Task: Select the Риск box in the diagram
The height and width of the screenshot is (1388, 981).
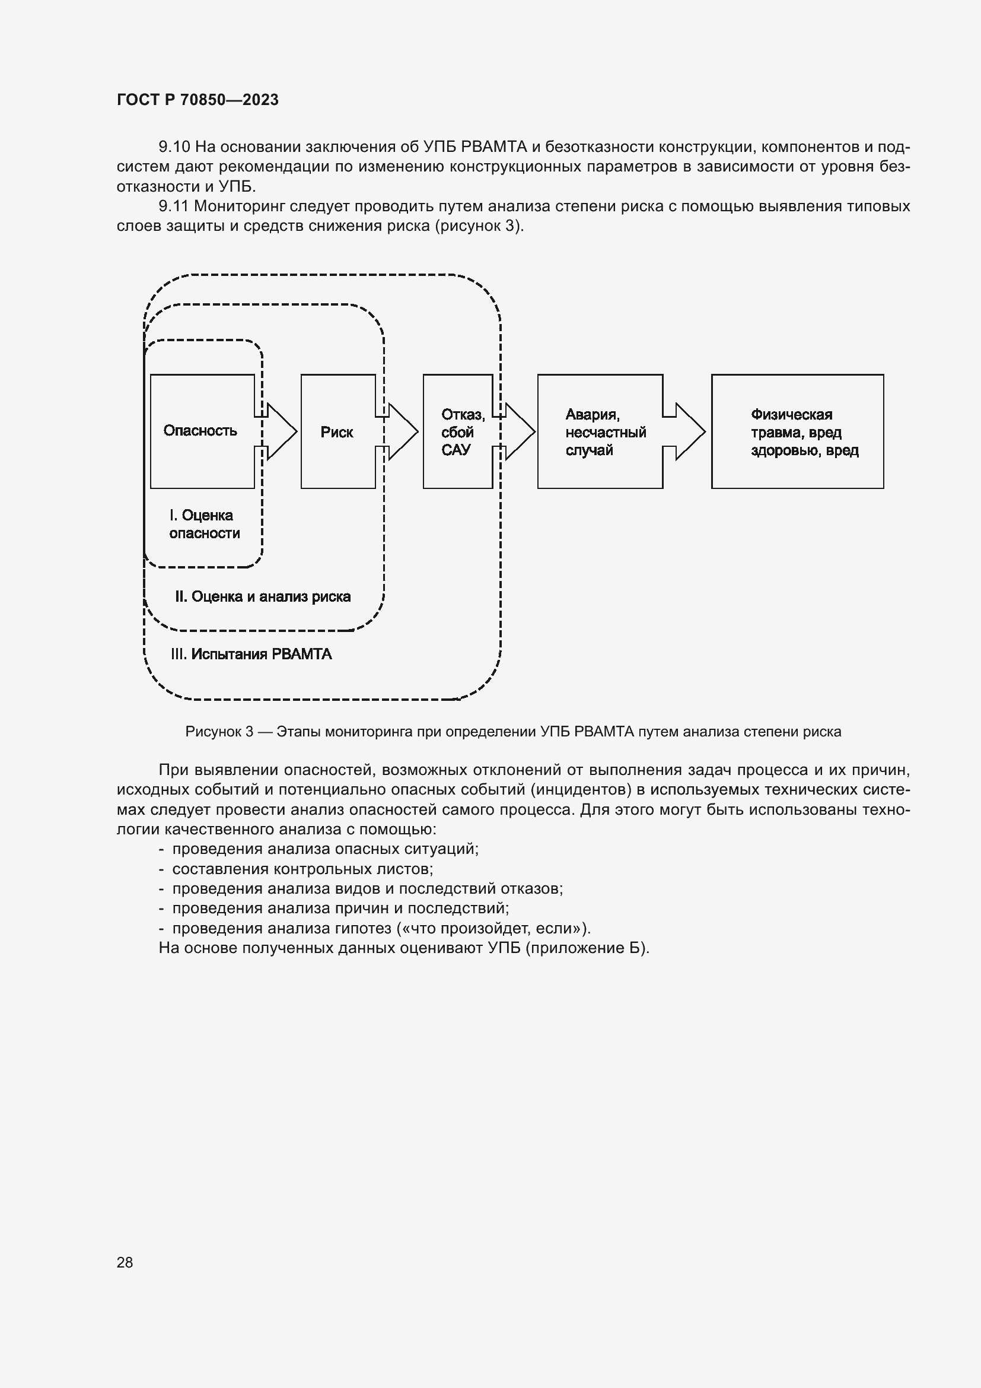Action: [x=337, y=431]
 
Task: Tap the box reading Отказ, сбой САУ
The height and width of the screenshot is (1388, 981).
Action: [x=457, y=431]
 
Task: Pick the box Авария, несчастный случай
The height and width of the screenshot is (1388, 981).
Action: [x=600, y=431]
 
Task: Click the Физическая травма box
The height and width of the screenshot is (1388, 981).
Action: [x=797, y=431]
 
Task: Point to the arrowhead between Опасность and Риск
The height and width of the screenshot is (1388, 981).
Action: [x=282, y=431]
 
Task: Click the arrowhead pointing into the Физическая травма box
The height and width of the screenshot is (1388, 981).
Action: [x=689, y=431]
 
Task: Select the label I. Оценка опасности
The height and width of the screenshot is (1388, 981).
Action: [x=204, y=524]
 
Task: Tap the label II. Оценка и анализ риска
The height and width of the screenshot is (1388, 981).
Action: [x=263, y=596]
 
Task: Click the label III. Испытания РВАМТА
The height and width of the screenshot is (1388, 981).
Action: [x=251, y=654]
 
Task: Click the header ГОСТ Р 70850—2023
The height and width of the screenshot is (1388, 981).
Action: [x=198, y=100]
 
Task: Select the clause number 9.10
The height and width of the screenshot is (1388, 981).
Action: [x=174, y=147]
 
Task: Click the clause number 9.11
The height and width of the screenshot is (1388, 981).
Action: [x=174, y=206]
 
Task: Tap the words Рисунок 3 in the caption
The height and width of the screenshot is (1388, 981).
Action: [x=219, y=732]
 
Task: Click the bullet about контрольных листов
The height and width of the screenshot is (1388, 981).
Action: [x=302, y=869]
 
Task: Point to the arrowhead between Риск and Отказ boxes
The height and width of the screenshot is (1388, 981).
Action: [x=402, y=431]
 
